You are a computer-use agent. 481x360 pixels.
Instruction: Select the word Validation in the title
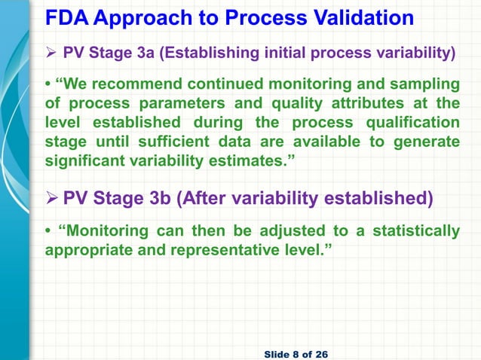[357, 18]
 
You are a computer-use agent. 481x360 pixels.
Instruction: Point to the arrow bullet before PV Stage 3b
[53, 200]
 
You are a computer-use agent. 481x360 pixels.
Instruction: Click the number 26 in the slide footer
[322, 353]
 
